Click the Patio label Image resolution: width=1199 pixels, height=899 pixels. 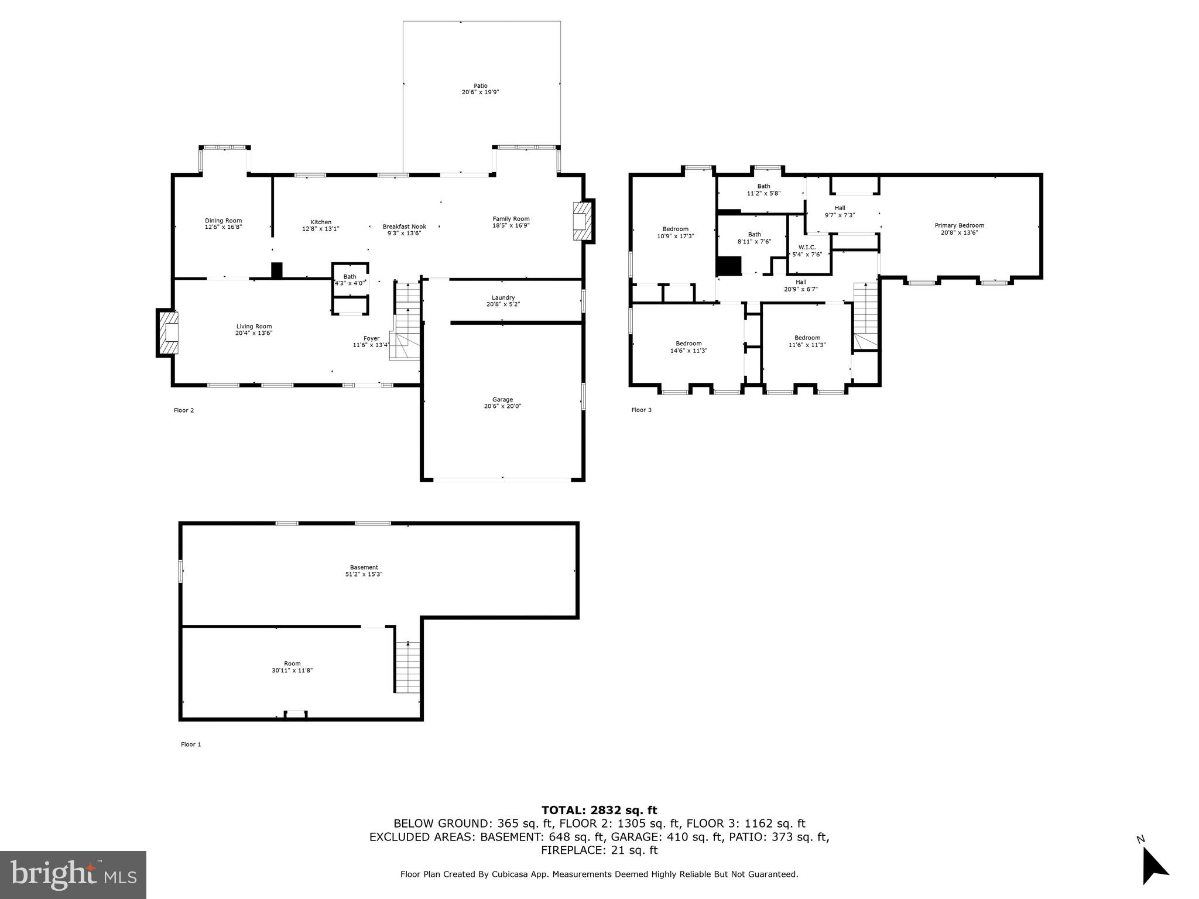click(x=480, y=86)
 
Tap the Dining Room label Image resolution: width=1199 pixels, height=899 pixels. click(x=223, y=221)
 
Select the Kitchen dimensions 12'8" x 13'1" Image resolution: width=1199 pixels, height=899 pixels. click(x=320, y=229)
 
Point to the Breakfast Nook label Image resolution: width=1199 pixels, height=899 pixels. click(x=404, y=227)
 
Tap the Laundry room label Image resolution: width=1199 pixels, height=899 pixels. click(x=503, y=297)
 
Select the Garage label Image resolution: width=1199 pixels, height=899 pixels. click(x=502, y=400)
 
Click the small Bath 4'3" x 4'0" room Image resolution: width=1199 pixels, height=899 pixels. click(x=350, y=280)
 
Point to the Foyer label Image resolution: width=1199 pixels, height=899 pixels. click(x=371, y=338)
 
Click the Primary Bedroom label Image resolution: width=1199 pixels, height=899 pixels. click(x=959, y=225)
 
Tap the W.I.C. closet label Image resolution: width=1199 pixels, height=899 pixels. click(x=807, y=247)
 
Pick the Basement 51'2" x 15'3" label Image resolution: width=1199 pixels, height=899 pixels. click(x=364, y=567)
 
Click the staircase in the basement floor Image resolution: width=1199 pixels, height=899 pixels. click(x=407, y=667)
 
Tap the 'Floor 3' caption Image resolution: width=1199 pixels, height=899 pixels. click(x=641, y=410)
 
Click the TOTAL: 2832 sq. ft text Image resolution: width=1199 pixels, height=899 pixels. click(x=599, y=811)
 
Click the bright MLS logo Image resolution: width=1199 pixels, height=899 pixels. click(x=73, y=875)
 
